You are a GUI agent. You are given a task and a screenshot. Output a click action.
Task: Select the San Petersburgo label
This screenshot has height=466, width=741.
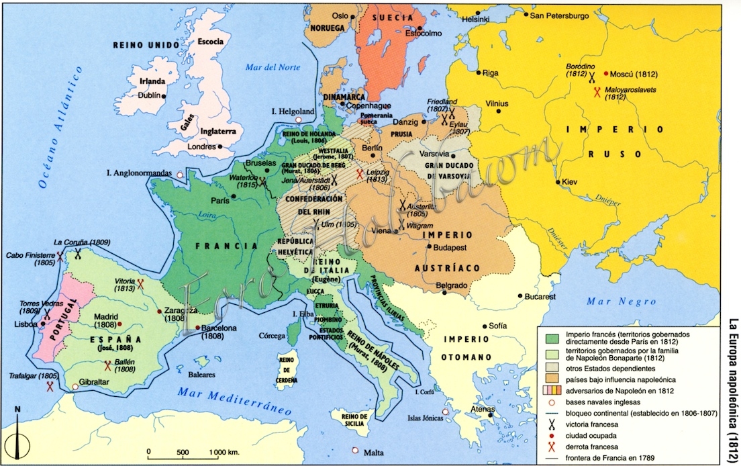click(x=559, y=15)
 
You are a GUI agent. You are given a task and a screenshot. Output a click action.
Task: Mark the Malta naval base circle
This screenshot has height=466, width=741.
click(x=354, y=451)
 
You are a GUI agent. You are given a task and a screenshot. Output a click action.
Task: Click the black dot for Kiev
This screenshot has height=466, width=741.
click(x=558, y=182)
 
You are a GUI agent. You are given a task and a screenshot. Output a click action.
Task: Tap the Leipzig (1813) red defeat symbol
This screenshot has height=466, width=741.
click(x=360, y=173)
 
